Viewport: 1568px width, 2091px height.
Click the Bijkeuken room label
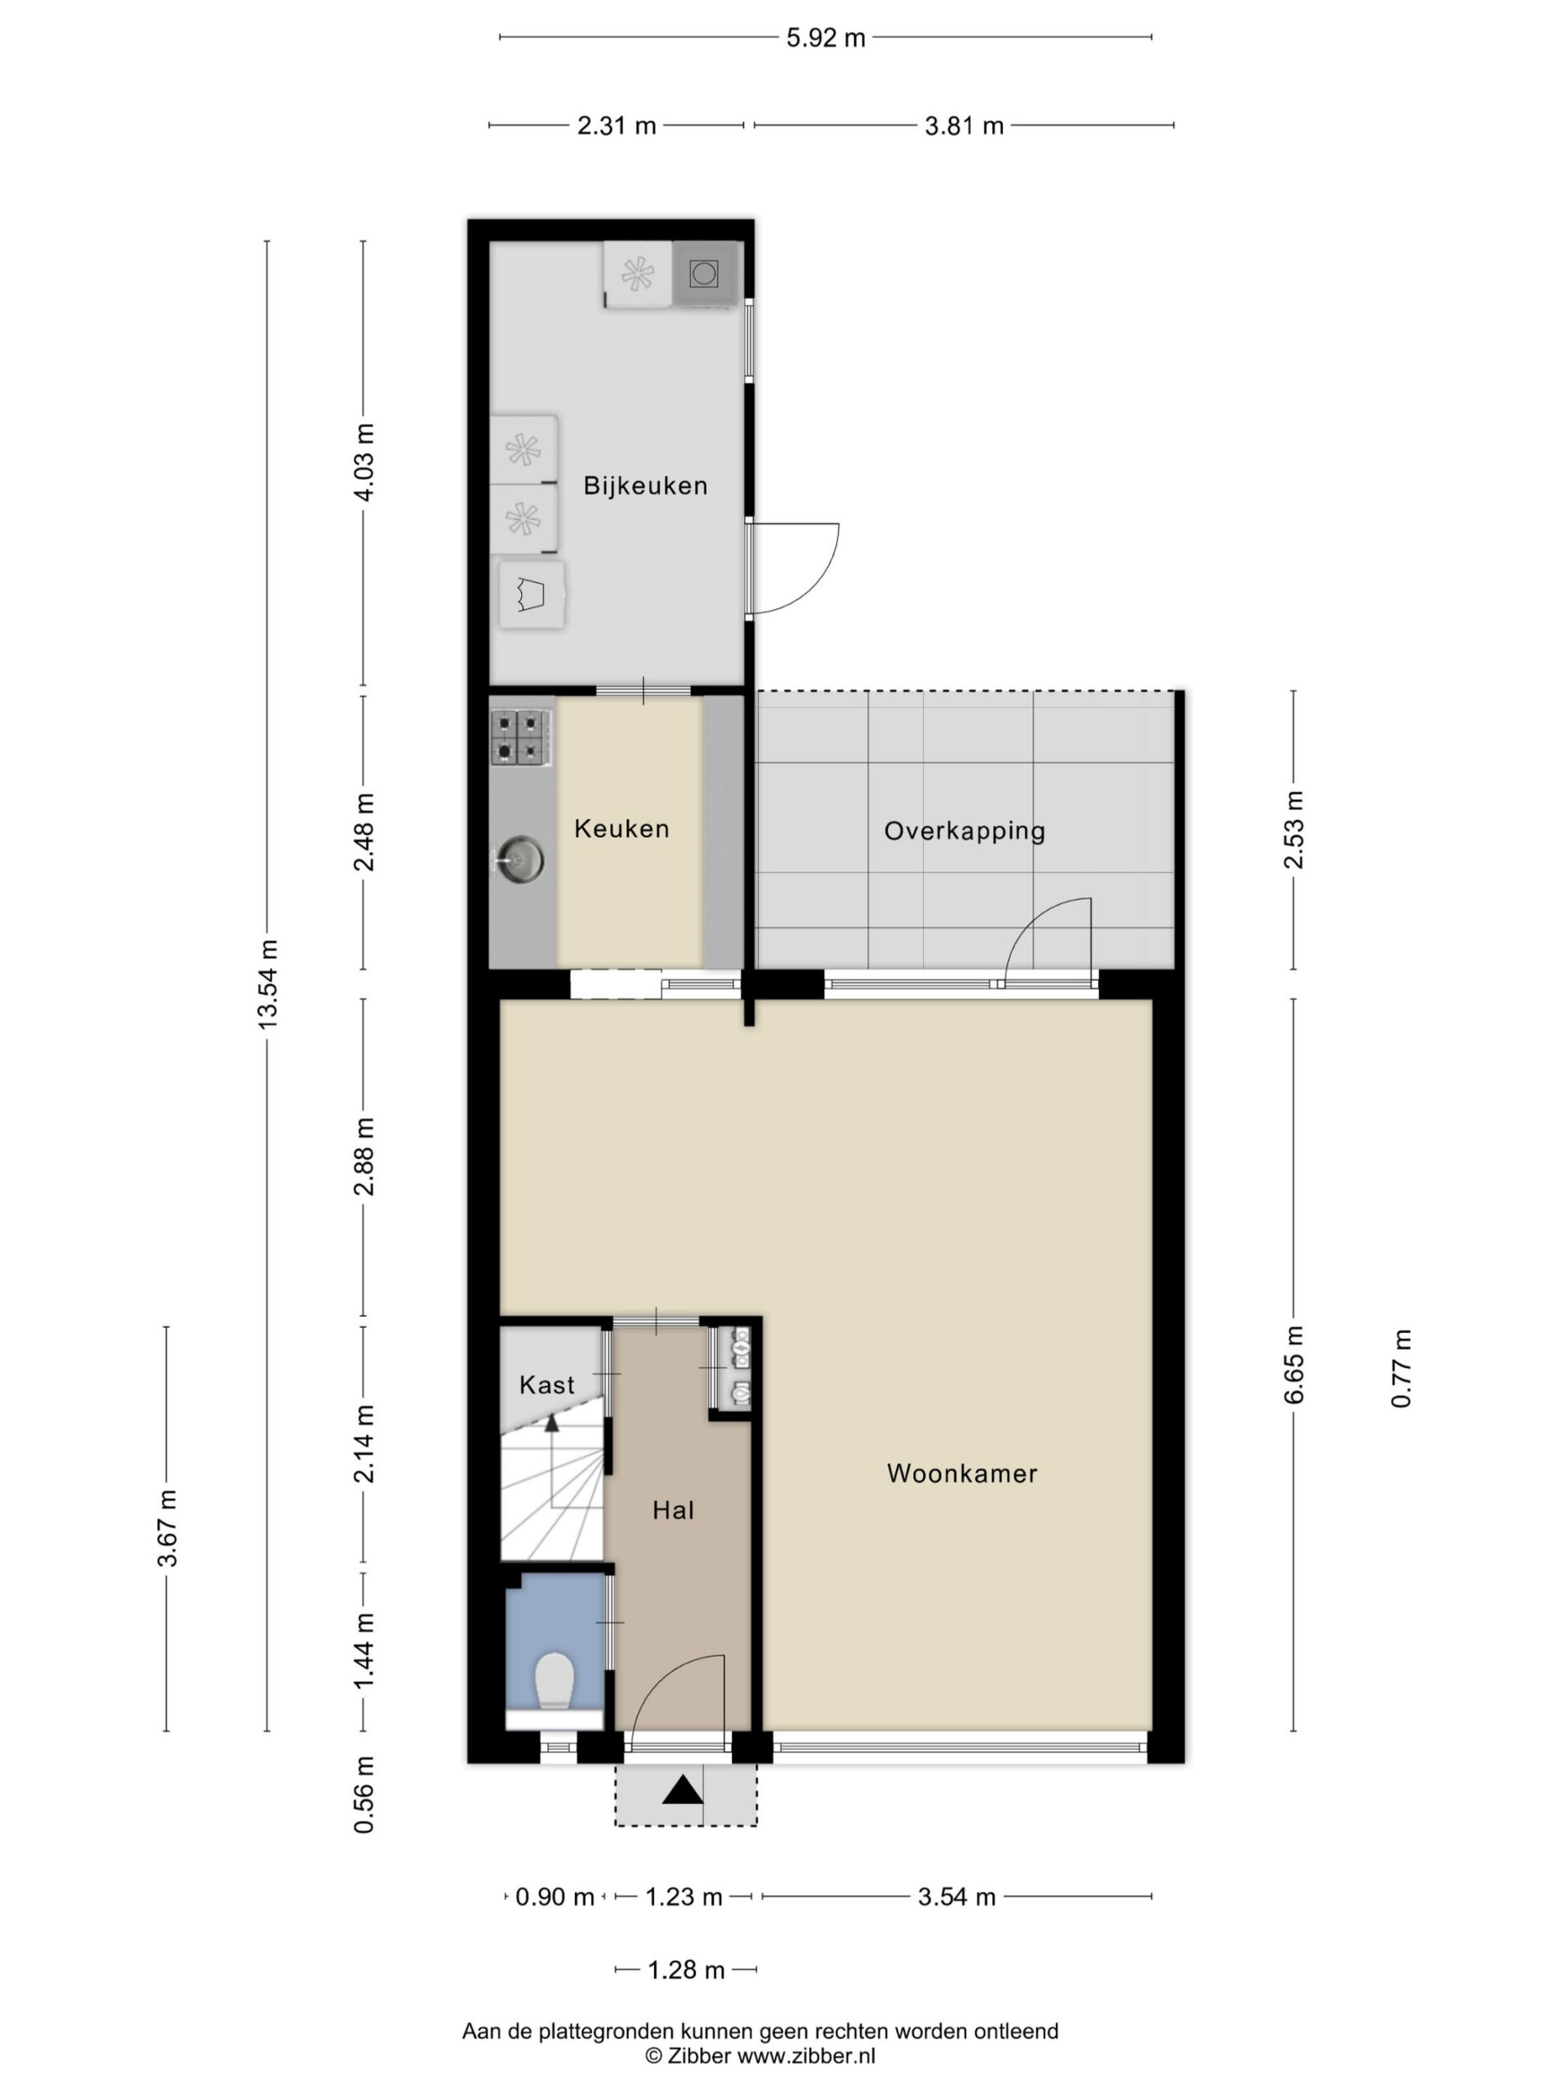coord(644,486)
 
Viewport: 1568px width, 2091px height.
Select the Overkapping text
coord(964,831)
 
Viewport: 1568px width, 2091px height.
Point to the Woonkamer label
coord(962,1473)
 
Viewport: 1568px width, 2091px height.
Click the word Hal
coord(673,1509)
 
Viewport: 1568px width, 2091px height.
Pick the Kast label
coord(546,1384)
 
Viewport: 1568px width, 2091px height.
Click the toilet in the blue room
coord(555,1682)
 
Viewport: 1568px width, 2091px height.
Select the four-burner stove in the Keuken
coord(520,738)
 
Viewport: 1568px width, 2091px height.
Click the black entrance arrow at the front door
coord(683,1789)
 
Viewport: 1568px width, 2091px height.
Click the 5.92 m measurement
coord(825,38)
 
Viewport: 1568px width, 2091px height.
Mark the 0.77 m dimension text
coord(1401,1368)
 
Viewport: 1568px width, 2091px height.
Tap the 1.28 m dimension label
coord(685,1970)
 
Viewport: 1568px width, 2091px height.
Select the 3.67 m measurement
coord(167,1527)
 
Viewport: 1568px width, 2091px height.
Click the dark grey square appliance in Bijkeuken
coord(703,274)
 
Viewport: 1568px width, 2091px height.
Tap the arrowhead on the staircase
coord(552,1420)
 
